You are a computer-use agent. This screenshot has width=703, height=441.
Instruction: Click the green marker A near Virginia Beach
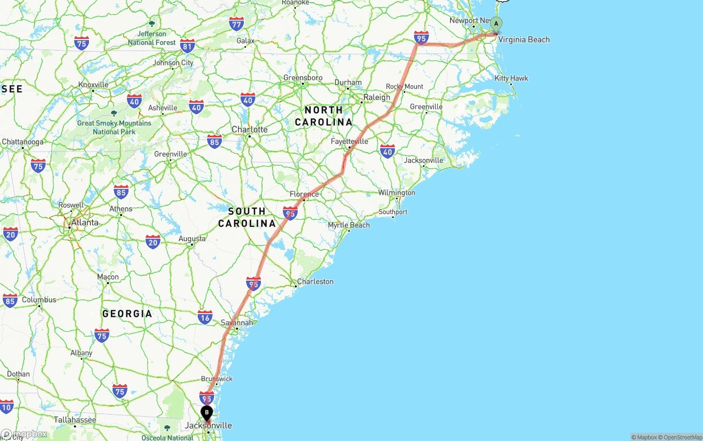coord(496,24)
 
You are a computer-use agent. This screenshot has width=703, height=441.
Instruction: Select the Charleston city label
coord(315,282)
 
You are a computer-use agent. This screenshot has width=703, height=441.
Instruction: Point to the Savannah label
coord(237,323)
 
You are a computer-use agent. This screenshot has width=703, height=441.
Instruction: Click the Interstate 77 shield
coord(237,24)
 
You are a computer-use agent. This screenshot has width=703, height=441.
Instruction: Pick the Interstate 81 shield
coord(187,46)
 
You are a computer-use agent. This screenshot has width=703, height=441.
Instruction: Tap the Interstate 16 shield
coord(205,317)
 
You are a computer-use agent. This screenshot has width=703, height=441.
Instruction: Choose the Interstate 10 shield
coord(6,407)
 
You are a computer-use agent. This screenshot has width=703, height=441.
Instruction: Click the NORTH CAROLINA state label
coord(323,116)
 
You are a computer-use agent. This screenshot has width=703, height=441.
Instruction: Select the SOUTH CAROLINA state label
coord(247,217)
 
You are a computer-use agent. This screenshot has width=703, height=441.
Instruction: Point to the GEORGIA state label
coord(127,314)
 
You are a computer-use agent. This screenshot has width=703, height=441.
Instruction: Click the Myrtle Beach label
coord(349,225)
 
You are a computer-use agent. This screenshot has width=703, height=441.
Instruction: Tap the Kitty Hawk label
coord(511,79)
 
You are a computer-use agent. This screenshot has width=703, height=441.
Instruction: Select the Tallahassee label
coord(75,420)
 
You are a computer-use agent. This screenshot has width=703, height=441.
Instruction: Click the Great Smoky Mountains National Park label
coord(114,127)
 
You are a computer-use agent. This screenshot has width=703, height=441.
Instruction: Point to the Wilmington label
coord(397,193)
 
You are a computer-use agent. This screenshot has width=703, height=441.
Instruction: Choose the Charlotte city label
coord(249,130)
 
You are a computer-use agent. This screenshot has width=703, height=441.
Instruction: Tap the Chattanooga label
coord(23,142)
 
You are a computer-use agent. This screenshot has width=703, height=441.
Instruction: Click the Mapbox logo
coord(24,434)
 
